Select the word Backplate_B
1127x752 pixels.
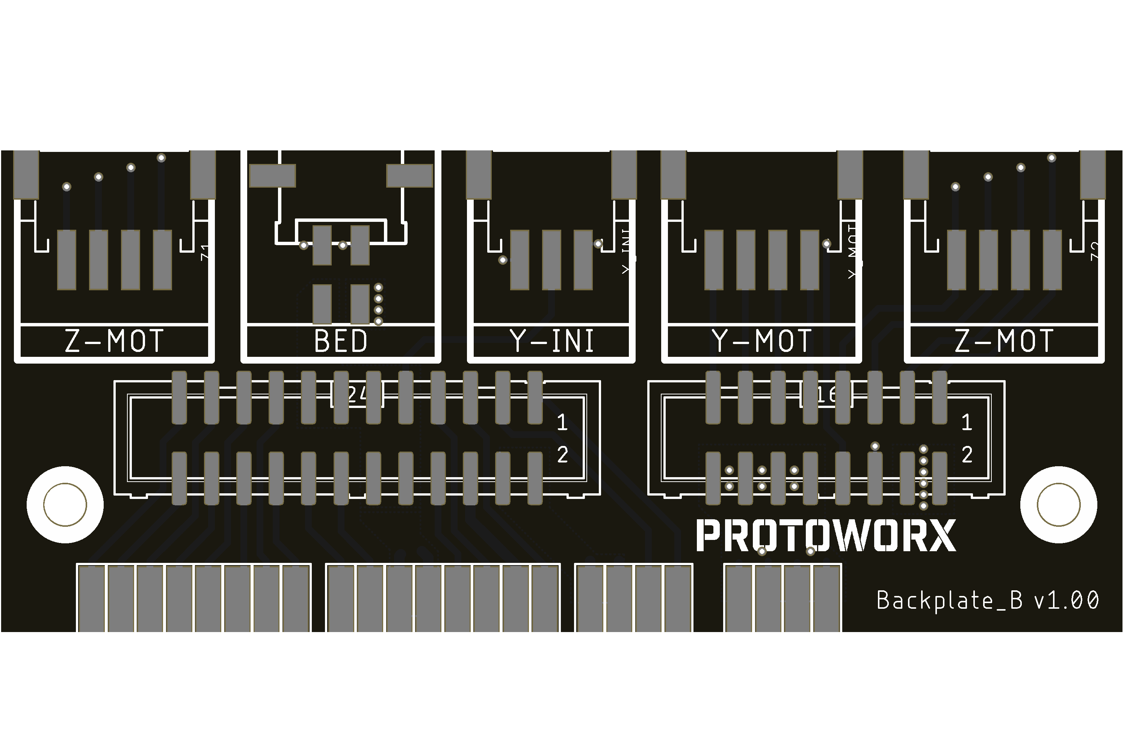[x=949, y=600]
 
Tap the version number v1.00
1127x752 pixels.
[x=1066, y=600]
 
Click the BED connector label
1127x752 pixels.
[x=341, y=341]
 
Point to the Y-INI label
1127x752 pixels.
[x=552, y=341]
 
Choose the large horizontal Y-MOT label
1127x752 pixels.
[x=761, y=341]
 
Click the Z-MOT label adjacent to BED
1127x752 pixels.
[x=114, y=341]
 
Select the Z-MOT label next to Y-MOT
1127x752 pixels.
[x=1004, y=341]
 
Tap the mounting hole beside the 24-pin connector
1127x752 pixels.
[x=65, y=505]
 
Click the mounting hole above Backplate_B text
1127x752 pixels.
[x=1059, y=505]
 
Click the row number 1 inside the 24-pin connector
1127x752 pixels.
[x=562, y=422]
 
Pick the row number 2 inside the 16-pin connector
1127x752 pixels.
[x=967, y=455]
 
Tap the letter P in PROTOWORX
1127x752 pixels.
[x=708, y=536]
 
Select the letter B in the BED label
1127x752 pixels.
[x=322, y=341]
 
